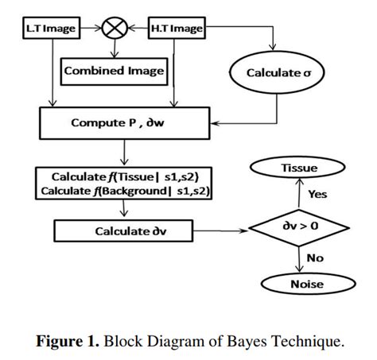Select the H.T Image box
(x=176, y=29)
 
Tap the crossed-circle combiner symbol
(x=115, y=29)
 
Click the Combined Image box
(x=114, y=71)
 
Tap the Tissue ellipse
(x=298, y=168)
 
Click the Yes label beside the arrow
(x=317, y=194)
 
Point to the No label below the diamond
(x=315, y=258)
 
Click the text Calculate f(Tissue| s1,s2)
(x=126, y=176)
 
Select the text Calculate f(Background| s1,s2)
(x=126, y=191)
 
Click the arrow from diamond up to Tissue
(x=299, y=195)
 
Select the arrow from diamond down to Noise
(x=299, y=259)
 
